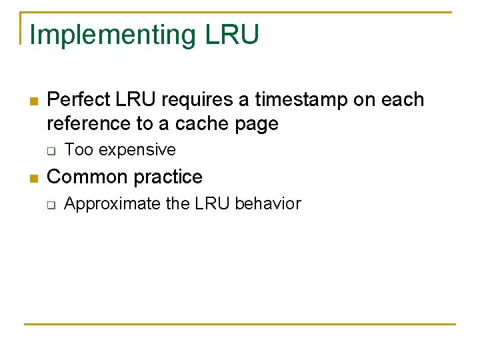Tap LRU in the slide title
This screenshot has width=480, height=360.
[x=232, y=35]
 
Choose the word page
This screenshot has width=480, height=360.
[x=256, y=124]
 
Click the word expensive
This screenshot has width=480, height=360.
[x=137, y=150]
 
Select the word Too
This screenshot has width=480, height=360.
[x=79, y=150]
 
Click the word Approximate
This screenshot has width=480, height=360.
[x=113, y=204]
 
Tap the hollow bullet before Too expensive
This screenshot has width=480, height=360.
[x=51, y=151]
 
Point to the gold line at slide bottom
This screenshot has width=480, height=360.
[x=240, y=324]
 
